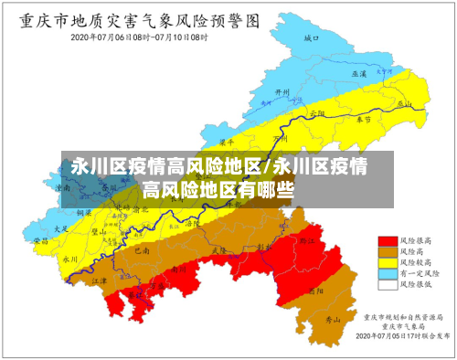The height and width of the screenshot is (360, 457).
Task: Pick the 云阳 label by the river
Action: pos(318,112)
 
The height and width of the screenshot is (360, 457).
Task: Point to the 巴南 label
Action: pos(142,249)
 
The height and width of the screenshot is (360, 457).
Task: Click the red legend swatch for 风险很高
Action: pos(388,239)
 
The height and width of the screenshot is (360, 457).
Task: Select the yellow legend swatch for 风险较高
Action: pos(388,261)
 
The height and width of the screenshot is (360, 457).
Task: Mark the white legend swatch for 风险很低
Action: pos(388,284)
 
